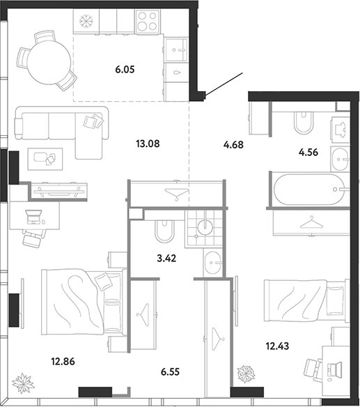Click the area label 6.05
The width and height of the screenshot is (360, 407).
click(x=125, y=70)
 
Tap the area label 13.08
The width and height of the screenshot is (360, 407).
click(x=148, y=144)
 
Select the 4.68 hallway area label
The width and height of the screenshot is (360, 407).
click(x=233, y=144)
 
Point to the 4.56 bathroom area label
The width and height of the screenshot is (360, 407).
click(x=308, y=152)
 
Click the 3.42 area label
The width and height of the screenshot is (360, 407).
click(x=166, y=259)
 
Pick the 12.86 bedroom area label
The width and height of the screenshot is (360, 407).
click(x=63, y=361)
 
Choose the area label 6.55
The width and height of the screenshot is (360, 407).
click(x=170, y=371)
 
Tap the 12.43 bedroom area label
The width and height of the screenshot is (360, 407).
click(x=277, y=346)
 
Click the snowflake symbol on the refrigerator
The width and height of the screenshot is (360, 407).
click(x=86, y=21)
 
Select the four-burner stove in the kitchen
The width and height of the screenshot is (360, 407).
click(x=147, y=21)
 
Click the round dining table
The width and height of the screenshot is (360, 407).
click(x=49, y=63)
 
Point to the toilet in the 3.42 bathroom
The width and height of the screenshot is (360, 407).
click(x=164, y=231)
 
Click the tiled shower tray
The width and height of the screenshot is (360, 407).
click(x=203, y=228)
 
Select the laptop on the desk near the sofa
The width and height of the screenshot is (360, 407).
click(x=33, y=217)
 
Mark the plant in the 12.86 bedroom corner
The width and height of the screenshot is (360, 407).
click(x=23, y=383)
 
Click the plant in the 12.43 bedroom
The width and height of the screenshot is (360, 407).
click(x=246, y=374)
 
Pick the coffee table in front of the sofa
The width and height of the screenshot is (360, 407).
click(x=45, y=159)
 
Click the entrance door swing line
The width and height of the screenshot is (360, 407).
click(x=224, y=84)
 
